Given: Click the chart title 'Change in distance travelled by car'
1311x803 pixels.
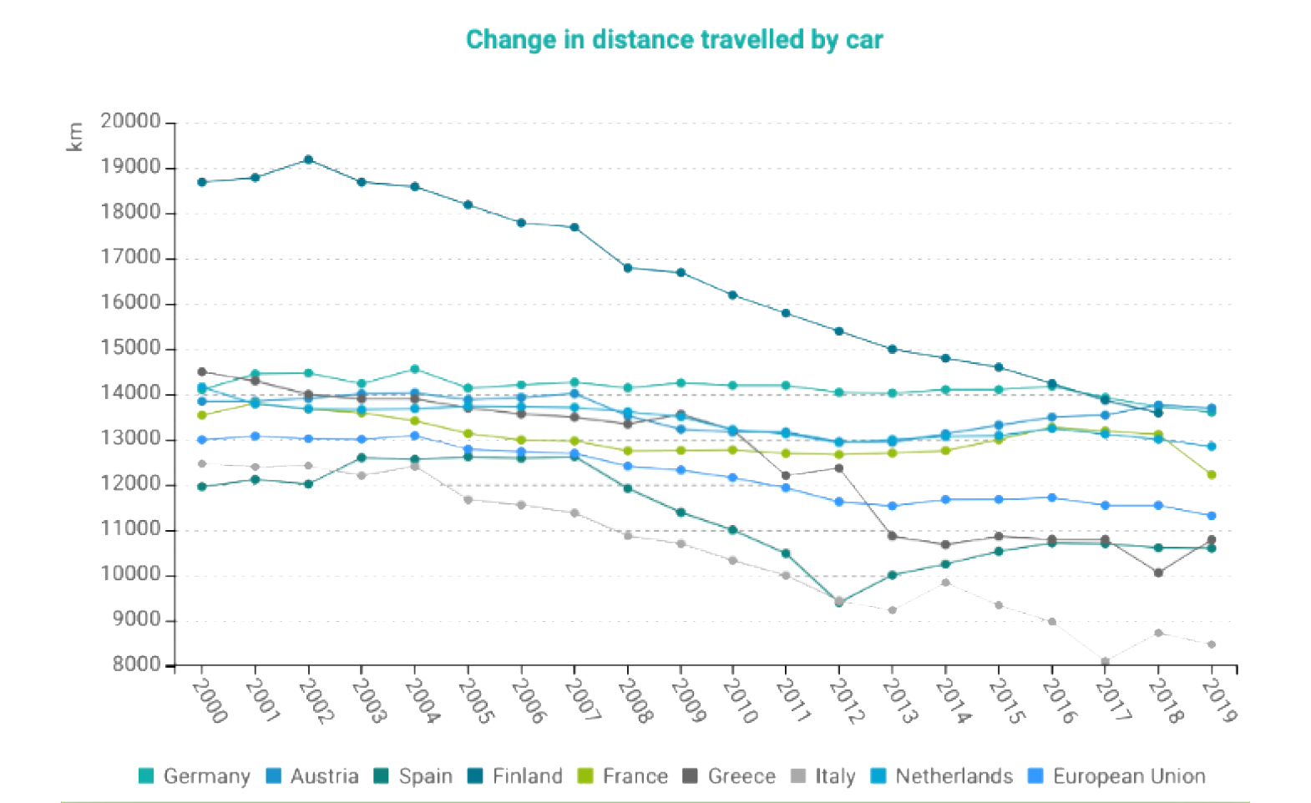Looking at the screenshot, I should [674, 39].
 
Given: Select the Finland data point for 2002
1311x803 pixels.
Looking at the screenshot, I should [309, 159].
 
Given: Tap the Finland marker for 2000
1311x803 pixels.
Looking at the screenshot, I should [202, 182].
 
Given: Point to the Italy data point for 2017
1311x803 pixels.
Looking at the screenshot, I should [1106, 661].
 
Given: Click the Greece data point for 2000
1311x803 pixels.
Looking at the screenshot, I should [202, 371].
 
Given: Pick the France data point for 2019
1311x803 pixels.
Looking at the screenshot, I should [1212, 475].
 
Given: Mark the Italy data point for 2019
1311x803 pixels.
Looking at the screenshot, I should [1212, 644].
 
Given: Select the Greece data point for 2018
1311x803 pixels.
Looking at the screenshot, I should [1158, 573].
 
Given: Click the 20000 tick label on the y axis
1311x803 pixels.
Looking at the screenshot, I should [130, 122].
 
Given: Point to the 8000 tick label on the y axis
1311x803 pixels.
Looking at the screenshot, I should [136, 665].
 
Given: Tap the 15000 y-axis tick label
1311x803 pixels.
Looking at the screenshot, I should [130, 348].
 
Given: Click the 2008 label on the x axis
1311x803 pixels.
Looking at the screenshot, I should [635, 699].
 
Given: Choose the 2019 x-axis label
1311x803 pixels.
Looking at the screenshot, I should [1219, 699].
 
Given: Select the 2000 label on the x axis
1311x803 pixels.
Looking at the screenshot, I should [209, 699].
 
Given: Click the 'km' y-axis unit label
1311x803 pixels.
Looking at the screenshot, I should [75, 137].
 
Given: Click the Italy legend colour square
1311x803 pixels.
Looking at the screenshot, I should [798, 776].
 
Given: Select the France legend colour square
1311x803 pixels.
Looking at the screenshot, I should [585, 776].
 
